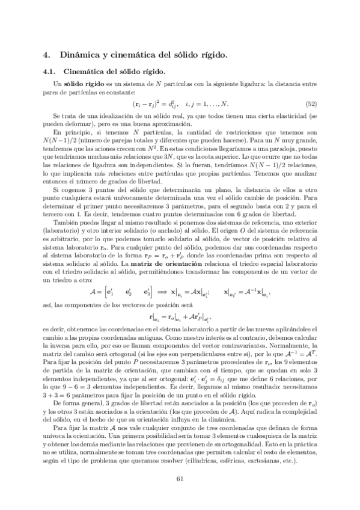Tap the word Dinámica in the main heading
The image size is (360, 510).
pyautogui.click(x=72, y=55)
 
